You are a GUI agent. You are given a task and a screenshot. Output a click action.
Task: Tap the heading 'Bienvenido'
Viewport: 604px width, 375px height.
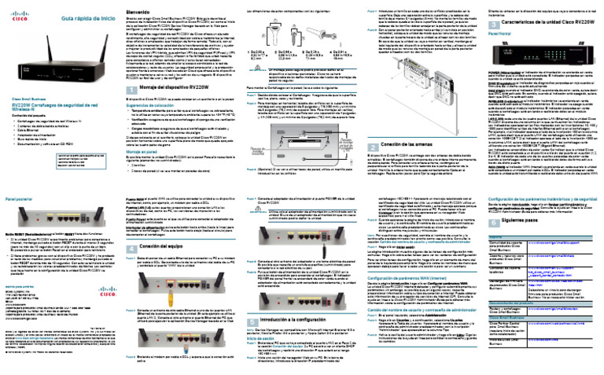click(144, 12)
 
